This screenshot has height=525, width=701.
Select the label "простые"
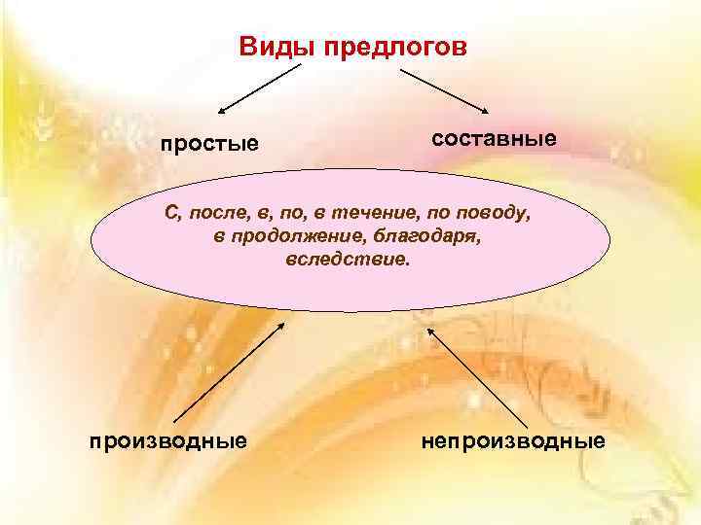click(x=210, y=145)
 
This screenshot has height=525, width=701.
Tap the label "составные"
click(x=494, y=138)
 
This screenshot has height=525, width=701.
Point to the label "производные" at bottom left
click(x=167, y=440)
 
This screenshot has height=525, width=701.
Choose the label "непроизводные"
click(x=513, y=440)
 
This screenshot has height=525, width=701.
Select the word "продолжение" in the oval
click(x=300, y=237)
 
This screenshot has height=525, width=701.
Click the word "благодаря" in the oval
click(x=437, y=237)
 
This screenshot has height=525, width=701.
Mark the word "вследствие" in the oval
click(x=349, y=261)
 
